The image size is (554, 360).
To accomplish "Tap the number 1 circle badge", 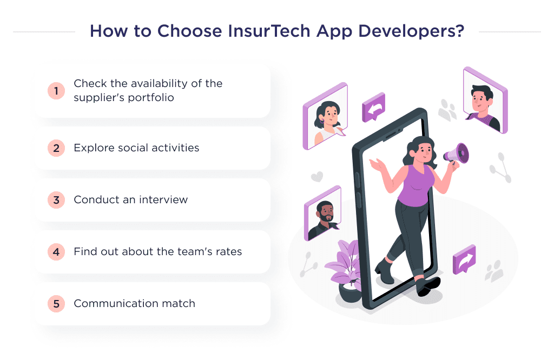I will coord(56,91).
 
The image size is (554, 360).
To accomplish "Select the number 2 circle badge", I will coord(56,148).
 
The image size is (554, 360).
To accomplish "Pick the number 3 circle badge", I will coord(56,200).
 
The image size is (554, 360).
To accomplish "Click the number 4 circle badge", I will coord(56,252).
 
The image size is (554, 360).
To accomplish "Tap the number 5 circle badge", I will coord(56,304).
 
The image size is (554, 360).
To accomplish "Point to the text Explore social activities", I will coord(136,148).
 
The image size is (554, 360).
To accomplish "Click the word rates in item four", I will coord(227,251).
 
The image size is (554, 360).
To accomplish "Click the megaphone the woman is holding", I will coord(456,153).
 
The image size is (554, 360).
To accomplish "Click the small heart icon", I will coord(316,177).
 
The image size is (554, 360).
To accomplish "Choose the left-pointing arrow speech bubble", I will coord(373,107).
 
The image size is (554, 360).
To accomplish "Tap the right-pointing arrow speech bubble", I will coord(464,259).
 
